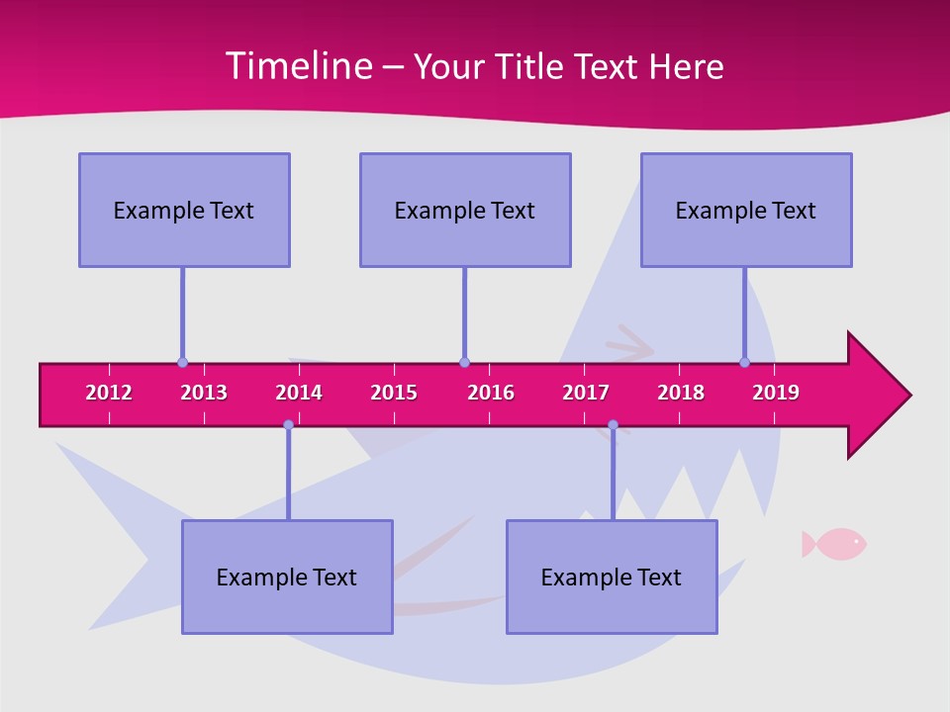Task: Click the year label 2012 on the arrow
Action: [x=109, y=393]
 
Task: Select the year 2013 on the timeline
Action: [x=204, y=393]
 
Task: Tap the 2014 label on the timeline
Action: [x=299, y=393]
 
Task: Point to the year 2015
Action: [x=394, y=393]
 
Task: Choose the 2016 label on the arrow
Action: [x=491, y=393]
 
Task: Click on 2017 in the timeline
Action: [x=586, y=393]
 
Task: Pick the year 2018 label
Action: [x=681, y=393]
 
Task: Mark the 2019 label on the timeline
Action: [x=776, y=393]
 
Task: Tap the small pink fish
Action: [x=834, y=543]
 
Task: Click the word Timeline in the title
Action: [x=297, y=66]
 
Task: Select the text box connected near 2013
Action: [x=184, y=210]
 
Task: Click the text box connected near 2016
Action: [x=465, y=210]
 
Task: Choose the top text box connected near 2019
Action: [x=746, y=210]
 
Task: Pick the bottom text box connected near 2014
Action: [x=287, y=577]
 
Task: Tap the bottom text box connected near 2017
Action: [x=612, y=577]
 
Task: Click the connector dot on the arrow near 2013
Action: [x=182, y=363]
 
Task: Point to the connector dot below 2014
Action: [x=288, y=425]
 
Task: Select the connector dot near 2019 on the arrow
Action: [x=744, y=363]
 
